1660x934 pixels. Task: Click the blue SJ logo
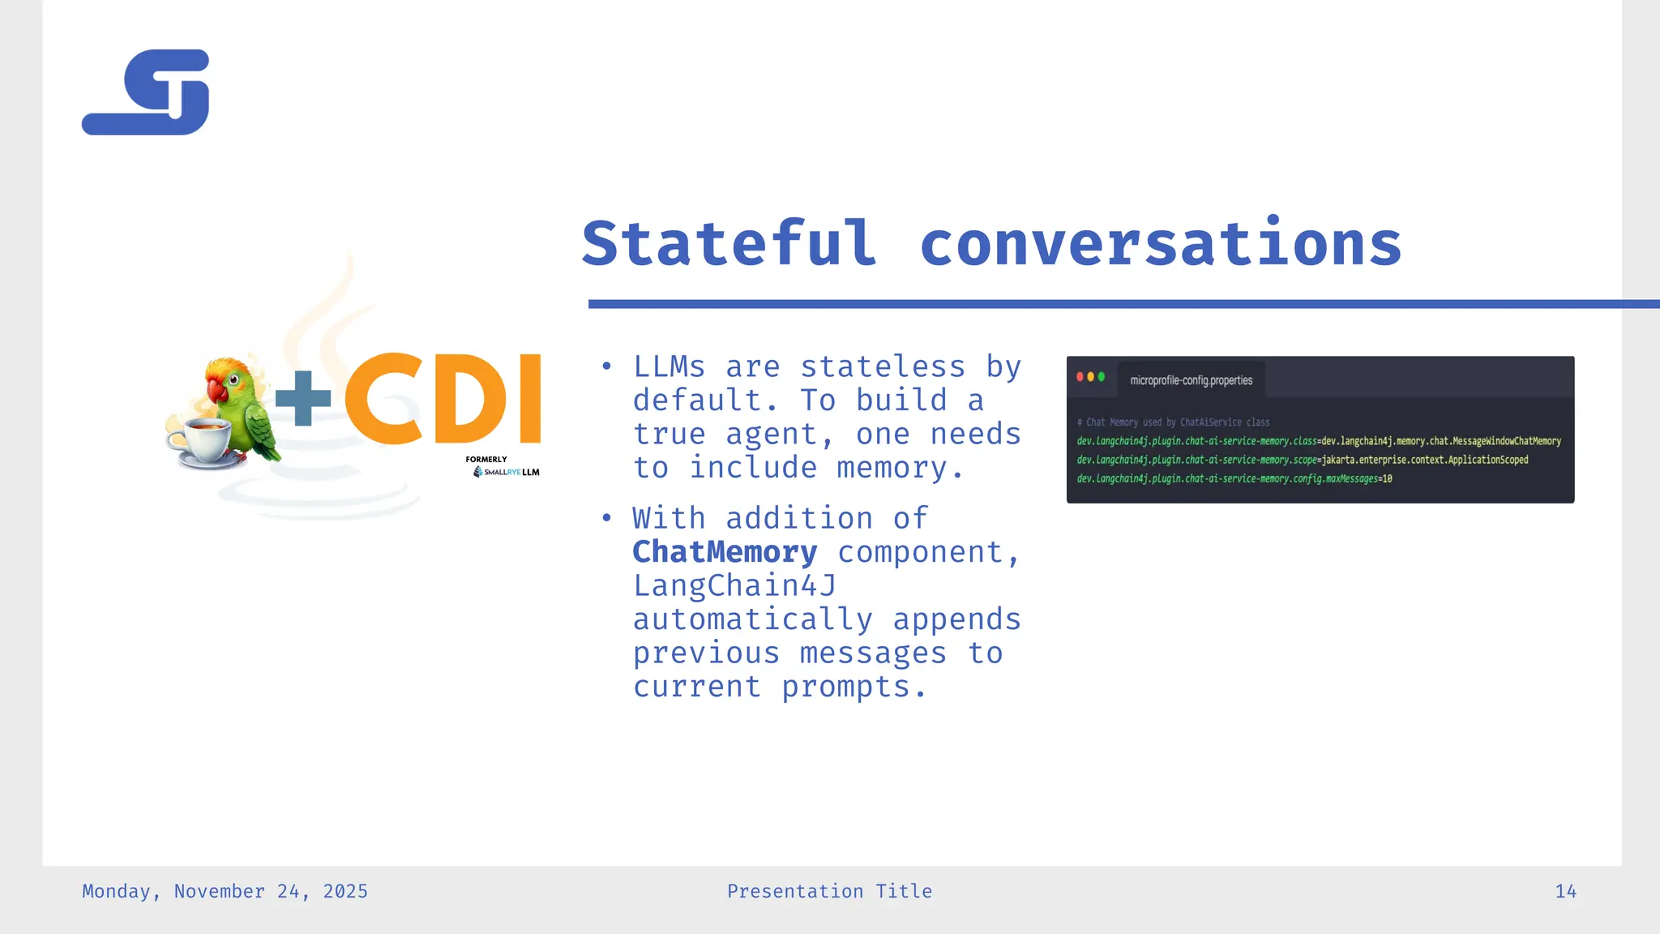click(146, 92)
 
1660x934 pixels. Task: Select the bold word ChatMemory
click(725, 552)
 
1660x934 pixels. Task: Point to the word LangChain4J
click(734, 585)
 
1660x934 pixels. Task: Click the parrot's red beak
click(216, 392)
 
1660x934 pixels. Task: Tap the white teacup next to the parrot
click(199, 442)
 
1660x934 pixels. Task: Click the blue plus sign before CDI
click(303, 398)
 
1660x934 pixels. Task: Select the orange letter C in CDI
click(383, 399)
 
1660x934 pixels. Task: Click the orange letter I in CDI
click(529, 399)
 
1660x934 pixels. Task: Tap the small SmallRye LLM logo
click(507, 472)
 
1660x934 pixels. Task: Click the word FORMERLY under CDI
click(486, 459)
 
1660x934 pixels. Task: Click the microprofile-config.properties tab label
click(1191, 380)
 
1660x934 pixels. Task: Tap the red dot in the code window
click(1080, 377)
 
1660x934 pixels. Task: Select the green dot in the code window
click(1101, 377)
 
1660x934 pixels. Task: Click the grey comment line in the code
click(1173, 422)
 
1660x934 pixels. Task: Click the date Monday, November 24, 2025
click(225, 891)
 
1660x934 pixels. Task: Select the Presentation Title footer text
click(829, 891)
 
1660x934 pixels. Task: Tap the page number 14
click(1565, 891)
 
